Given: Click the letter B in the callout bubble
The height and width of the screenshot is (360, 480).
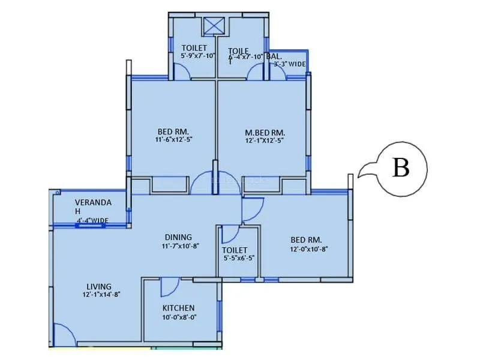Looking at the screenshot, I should [x=401, y=169].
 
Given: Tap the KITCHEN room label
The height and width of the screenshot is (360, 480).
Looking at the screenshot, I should [x=178, y=308].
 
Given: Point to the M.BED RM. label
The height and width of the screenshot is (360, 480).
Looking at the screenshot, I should [x=265, y=132].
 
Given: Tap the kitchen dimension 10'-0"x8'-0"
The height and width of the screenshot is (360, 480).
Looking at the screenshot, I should [x=179, y=317].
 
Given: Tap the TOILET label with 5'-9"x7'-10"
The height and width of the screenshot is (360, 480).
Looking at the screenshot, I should [x=194, y=48].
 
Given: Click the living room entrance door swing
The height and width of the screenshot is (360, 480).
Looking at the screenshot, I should [x=62, y=335].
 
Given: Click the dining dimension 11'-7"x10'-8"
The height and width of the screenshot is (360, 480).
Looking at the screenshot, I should [x=179, y=245].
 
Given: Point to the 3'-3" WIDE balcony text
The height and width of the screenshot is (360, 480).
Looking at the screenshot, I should [x=290, y=64].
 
